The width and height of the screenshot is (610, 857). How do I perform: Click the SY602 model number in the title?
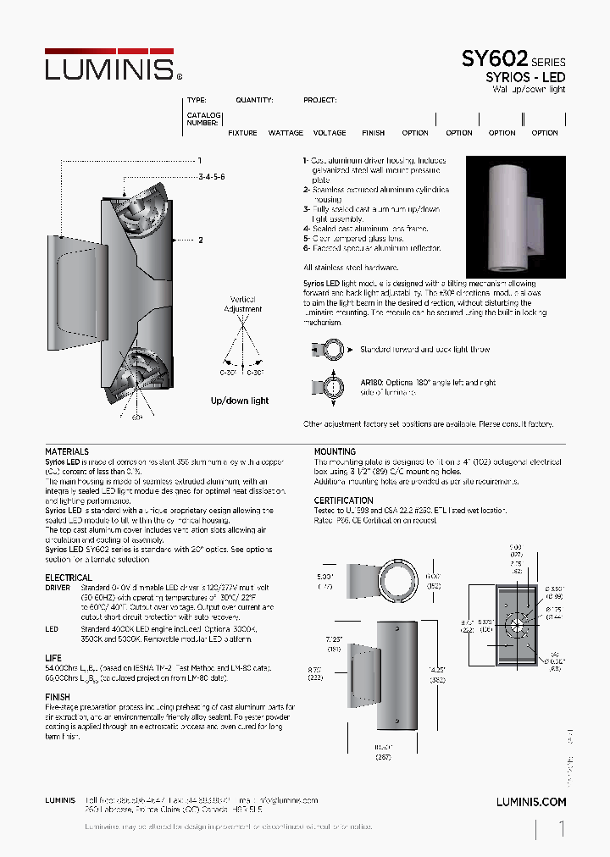[494, 59]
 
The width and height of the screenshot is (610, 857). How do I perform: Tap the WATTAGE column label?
[286, 133]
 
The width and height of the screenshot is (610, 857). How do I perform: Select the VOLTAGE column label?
[330, 133]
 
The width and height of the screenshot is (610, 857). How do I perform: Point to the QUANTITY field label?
[254, 100]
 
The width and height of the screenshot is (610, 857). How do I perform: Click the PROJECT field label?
[319, 100]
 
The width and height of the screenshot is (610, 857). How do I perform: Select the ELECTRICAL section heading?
[69, 578]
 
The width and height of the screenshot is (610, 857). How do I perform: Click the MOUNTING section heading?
[335, 452]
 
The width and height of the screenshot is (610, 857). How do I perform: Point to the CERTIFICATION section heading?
[343, 500]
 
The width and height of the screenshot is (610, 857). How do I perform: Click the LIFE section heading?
[53, 658]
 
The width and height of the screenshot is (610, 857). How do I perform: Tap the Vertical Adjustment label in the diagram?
[243, 304]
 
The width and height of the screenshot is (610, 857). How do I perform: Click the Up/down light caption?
[240, 401]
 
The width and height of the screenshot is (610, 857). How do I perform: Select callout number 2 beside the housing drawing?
[201, 241]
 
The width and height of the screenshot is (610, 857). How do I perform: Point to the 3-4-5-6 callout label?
[211, 177]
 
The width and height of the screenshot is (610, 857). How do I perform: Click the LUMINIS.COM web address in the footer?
[530, 801]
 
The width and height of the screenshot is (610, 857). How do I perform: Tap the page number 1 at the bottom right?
[561, 830]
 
